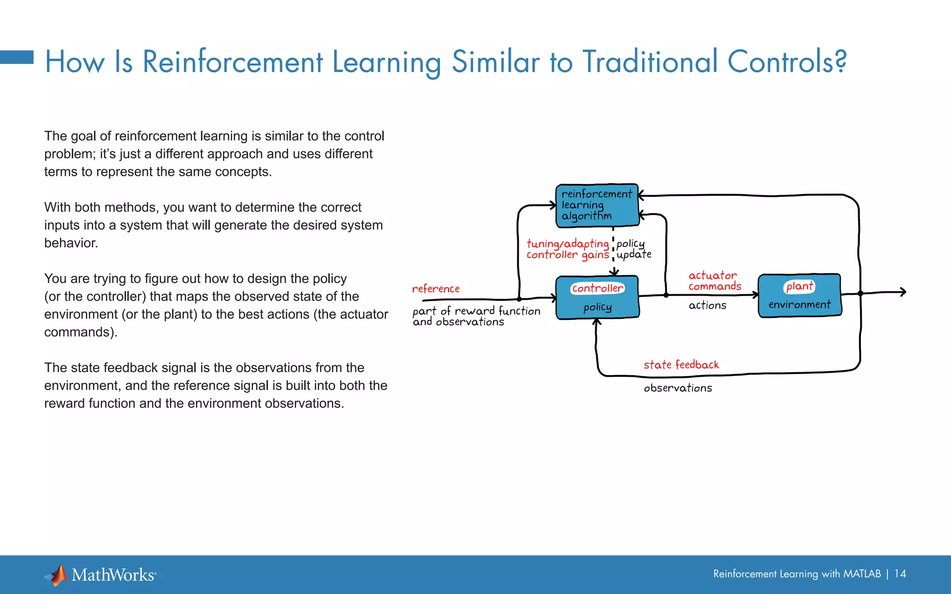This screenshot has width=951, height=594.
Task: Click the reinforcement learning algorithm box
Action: click(597, 205)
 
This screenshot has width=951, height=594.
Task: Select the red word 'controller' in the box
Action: click(597, 288)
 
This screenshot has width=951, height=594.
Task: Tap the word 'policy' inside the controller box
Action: click(597, 307)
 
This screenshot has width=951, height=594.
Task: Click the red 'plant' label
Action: click(799, 286)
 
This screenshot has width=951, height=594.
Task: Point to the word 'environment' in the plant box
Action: click(799, 304)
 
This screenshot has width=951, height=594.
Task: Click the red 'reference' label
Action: click(436, 289)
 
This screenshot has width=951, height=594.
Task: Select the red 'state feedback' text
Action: click(681, 365)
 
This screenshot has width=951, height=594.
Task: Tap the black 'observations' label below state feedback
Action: click(677, 388)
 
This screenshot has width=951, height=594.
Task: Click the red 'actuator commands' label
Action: click(714, 281)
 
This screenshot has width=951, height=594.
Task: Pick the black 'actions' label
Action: click(707, 305)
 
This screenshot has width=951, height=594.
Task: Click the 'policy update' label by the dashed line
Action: click(633, 249)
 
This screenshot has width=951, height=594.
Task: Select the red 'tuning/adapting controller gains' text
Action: click(567, 249)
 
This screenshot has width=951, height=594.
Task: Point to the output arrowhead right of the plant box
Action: click(903, 292)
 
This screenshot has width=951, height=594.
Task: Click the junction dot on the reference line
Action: click(519, 299)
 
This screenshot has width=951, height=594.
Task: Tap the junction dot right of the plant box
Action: click(860, 293)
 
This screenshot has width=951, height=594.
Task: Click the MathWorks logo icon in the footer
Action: click(57, 575)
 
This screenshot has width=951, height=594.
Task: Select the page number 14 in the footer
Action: click(900, 574)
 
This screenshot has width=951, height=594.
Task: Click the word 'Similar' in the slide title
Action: click(496, 62)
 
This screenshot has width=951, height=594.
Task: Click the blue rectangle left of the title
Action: click(17, 57)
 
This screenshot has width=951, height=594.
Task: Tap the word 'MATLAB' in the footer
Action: click(861, 574)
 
